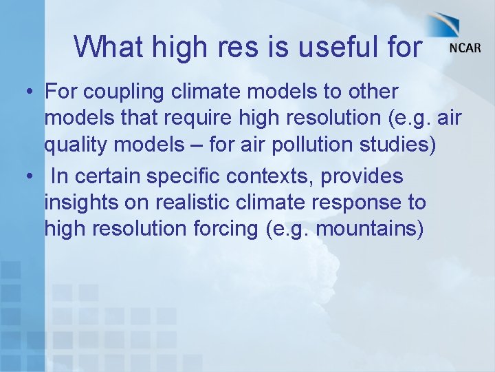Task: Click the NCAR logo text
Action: click(x=465, y=49)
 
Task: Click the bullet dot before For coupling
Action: click(x=28, y=92)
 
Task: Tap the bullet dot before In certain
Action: click(x=28, y=177)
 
